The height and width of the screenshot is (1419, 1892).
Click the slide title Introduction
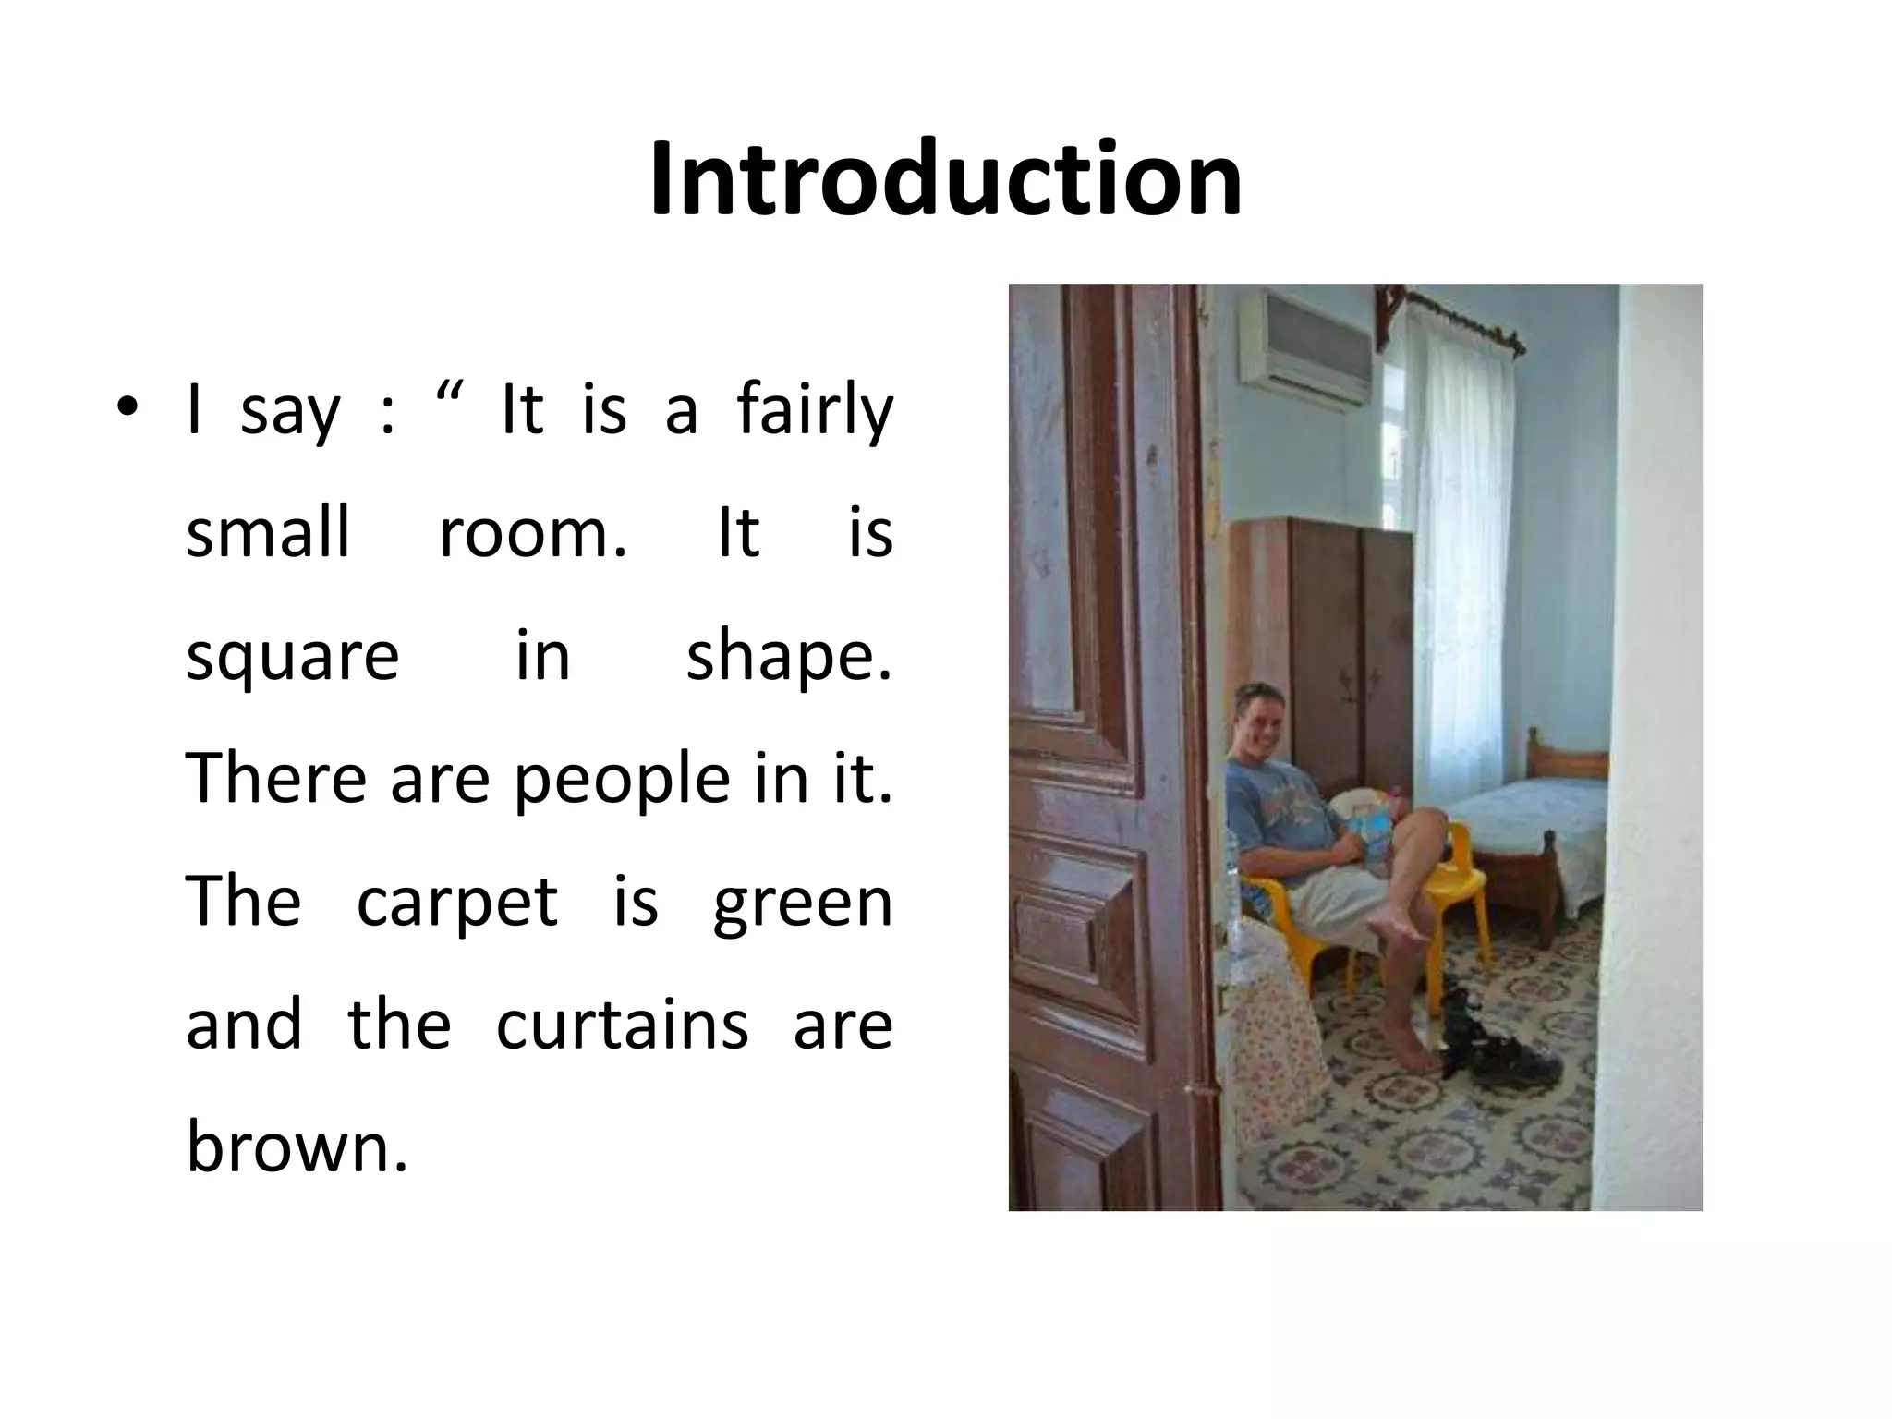click(945, 179)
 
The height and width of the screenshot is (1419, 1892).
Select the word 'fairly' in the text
click(815, 411)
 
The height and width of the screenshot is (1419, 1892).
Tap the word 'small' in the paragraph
click(268, 533)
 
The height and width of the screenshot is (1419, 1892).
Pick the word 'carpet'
click(457, 903)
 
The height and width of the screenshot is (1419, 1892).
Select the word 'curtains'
click(622, 1025)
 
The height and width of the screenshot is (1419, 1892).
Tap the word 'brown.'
click(297, 1146)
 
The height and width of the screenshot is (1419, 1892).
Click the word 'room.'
click(533, 533)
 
